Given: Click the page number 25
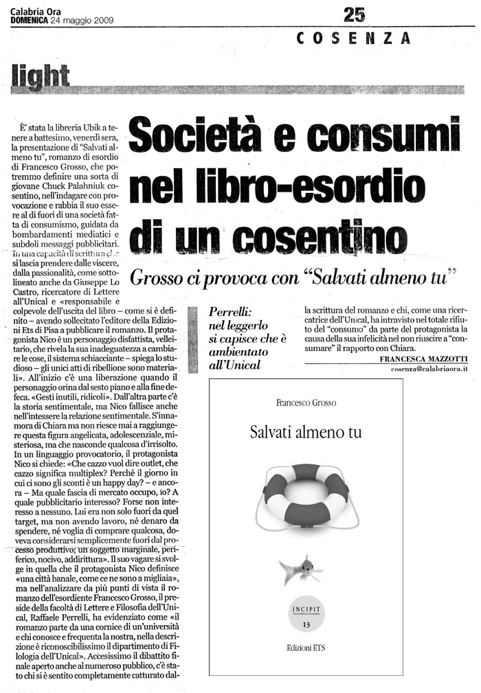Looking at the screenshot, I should tap(355, 13).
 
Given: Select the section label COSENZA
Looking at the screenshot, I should tap(354, 39).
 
